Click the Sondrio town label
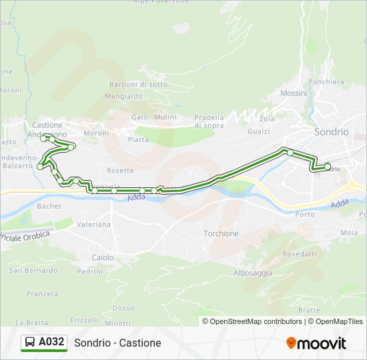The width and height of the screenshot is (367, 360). pyautogui.click(x=331, y=132)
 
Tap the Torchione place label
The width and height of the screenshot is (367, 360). pyautogui.click(x=221, y=233)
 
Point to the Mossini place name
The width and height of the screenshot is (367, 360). pyautogui.click(x=294, y=93)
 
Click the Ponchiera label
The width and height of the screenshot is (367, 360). pyautogui.click(x=327, y=82)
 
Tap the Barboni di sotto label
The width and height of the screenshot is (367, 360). pyautogui.click(x=139, y=85)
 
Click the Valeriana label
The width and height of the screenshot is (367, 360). pyautogui.click(x=93, y=225)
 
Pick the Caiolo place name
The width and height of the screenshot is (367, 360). pyautogui.click(x=103, y=257)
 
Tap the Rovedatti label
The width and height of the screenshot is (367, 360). pyautogui.click(x=300, y=254)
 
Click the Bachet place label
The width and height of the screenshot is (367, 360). pyautogui.click(x=49, y=207)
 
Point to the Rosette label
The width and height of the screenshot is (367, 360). pyautogui.click(x=120, y=171)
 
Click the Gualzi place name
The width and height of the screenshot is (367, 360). pyautogui.click(x=258, y=132)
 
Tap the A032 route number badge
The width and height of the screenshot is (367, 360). pyautogui.click(x=51, y=343)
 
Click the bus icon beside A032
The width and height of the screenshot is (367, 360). pyautogui.click(x=30, y=343)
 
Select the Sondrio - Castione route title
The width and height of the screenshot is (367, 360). pyautogui.click(x=117, y=343)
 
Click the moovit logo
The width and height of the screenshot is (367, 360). pyautogui.click(x=316, y=343)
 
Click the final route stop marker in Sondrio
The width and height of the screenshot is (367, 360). pyautogui.click(x=328, y=167)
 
